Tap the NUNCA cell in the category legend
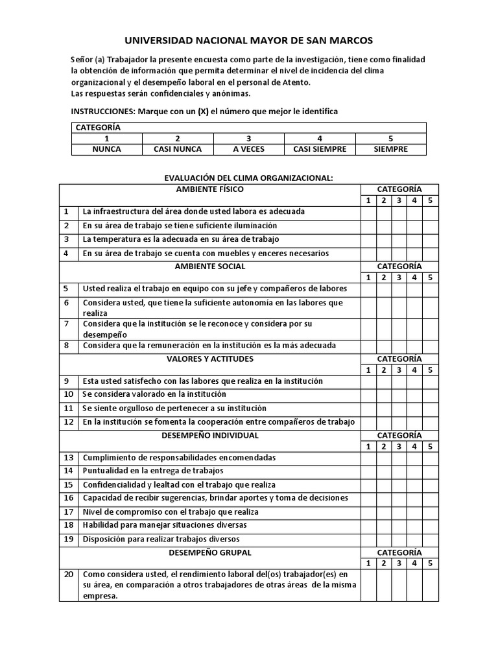107,149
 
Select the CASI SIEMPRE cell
320,149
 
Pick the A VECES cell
249,149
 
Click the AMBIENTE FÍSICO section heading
210,189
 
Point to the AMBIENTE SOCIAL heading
210,267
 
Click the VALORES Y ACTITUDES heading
210,359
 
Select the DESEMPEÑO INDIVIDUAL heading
210,435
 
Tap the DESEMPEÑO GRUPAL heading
210,552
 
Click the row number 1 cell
66,211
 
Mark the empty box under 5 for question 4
431,254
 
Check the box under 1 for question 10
368,394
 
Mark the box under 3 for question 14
399,471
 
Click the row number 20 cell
69,575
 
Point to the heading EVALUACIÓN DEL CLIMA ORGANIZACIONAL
249,178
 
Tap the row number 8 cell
66,346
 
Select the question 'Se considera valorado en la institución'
154,394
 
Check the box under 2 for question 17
384,512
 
